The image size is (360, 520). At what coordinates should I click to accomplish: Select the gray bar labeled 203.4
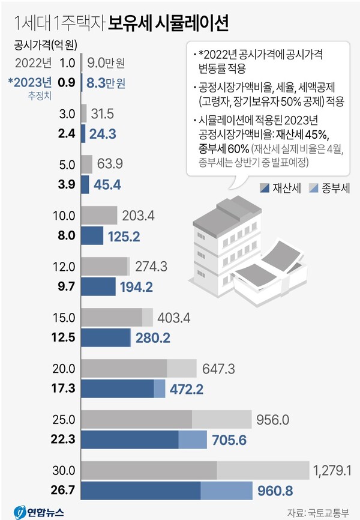[98, 215]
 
